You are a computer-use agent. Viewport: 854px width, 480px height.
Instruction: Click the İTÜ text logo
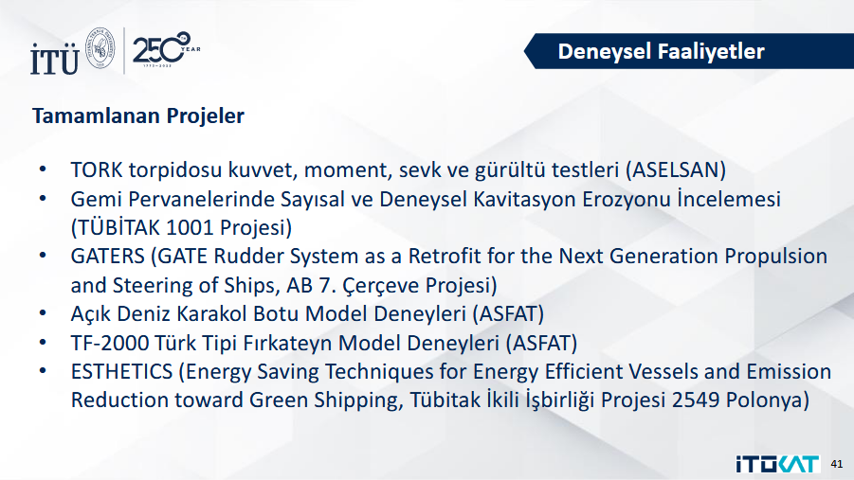click(x=54, y=59)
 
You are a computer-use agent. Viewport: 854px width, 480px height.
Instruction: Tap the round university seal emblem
click(x=101, y=48)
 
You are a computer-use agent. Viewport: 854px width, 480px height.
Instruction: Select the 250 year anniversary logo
click(x=166, y=49)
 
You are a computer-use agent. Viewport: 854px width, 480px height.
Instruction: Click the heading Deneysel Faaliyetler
click(x=662, y=51)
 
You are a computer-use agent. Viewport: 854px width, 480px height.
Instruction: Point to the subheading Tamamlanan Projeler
click(x=138, y=116)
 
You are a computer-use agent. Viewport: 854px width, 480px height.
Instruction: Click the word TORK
click(x=97, y=169)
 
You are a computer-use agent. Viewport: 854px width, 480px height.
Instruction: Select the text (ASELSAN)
click(x=676, y=169)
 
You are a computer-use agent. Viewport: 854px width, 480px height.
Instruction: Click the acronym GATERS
click(x=108, y=257)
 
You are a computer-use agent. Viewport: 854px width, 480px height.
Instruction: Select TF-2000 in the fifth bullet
click(x=110, y=343)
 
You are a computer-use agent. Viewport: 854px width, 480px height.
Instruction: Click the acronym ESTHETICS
click(x=122, y=372)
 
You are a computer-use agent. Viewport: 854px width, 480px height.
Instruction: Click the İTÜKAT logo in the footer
click(x=778, y=464)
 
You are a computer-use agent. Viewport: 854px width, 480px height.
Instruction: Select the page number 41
click(x=837, y=464)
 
